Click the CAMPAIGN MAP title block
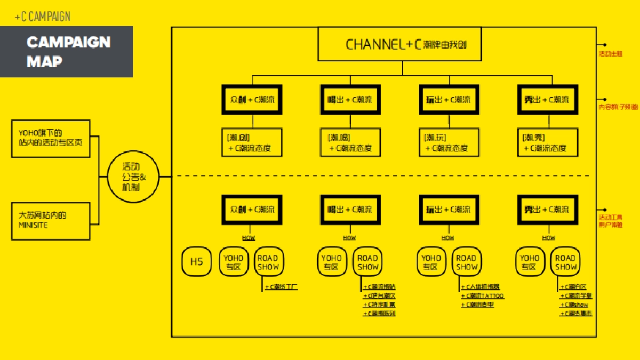pos(67,52)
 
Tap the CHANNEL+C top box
pos(400,44)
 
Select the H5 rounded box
pos(197,262)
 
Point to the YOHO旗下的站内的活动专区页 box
pos(51,138)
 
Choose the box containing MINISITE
pos(51,220)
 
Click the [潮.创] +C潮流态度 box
pos(251,142)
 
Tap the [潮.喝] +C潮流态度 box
pos(350,142)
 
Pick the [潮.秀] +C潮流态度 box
pos(547,142)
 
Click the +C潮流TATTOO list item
pos(482,295)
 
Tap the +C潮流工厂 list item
pos(281,287)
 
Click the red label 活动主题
pos(611,53)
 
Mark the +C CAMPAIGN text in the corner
pos(43,17)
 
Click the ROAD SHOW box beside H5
pos(268,262)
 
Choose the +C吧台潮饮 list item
pos(379,295)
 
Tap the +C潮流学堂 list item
pos(575,295)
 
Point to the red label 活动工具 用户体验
pos(611,221)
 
